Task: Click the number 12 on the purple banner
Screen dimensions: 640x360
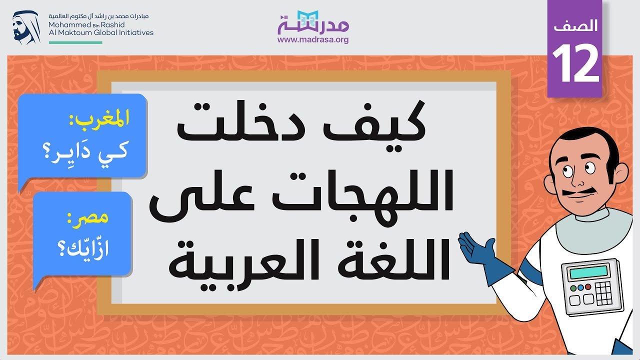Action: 575,63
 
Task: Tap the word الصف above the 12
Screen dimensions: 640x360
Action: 575,25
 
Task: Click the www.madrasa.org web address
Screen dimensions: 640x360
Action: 313,39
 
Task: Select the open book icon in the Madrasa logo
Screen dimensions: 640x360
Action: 307,17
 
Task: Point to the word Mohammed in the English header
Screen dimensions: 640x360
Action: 69,24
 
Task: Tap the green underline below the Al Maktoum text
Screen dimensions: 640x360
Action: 75,42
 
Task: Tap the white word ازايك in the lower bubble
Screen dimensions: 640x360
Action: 83,248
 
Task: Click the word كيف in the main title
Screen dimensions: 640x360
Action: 375,122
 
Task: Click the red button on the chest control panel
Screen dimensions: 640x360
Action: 588,286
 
